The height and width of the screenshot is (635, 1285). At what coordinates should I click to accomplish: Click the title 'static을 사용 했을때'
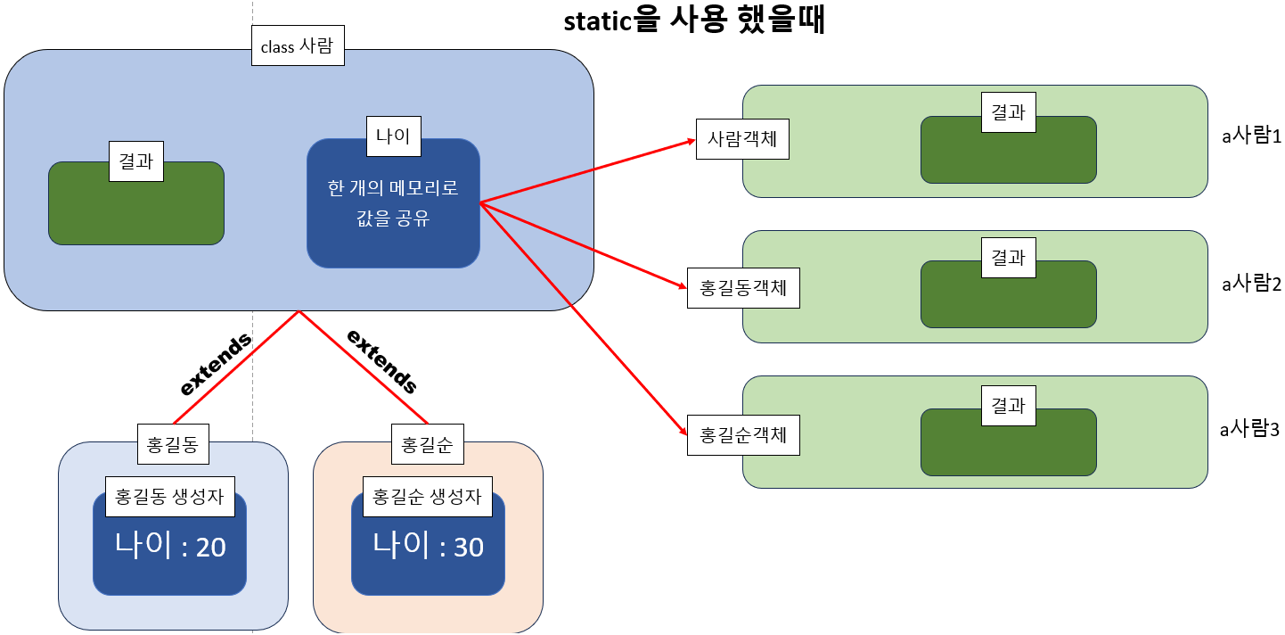pyautogui.click(x=695, y=21)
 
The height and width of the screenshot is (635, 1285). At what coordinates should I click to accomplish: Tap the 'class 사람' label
pyautogui.click(x=297, y=46)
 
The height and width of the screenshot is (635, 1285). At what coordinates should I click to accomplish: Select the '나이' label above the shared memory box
pyautogui.click(x=393, y=136)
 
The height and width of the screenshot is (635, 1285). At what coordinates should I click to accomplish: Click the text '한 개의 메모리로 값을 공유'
pyautogui.click(x=393, y=203)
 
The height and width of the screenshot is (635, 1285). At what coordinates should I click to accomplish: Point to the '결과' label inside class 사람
pyautogui.click(x=136, y=161)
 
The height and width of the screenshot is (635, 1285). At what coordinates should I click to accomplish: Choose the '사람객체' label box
pyautogui.click(x=742, y=140)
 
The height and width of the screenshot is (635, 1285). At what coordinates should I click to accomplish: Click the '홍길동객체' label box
pyautogui.click(x=743, y=289)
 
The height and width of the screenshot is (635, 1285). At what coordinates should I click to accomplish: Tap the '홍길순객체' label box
pyautogui.click(x=743, y=435)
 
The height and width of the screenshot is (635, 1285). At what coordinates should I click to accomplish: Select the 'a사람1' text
pyautogui.click(x=1250, y=137)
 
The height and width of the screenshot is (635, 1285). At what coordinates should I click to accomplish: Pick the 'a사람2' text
pyautogui.click(x=1250, y=284)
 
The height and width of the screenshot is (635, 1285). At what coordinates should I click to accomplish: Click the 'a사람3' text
pyautogui.click(x=1250, y=430)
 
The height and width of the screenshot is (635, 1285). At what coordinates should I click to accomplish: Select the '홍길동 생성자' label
pyautogui.click(x=170, y=497)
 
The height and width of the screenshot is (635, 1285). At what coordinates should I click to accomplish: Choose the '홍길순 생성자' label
pyautogui.click(x=428, y=497)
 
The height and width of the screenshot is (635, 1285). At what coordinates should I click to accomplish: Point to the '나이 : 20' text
pyautogui.click(x=170, y=546)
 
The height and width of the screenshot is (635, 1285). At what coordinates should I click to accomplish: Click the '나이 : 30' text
pyautogui.click(x=428, y=546)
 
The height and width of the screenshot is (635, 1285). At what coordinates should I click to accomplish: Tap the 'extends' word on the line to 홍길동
pyautogui.click(x=216, y=365)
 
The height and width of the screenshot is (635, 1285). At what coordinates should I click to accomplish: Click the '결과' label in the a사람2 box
pyautogui.click(x=1008, y=259)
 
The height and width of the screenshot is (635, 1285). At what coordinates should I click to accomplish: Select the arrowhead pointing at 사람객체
pyautogui.click(x=691, y=141)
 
